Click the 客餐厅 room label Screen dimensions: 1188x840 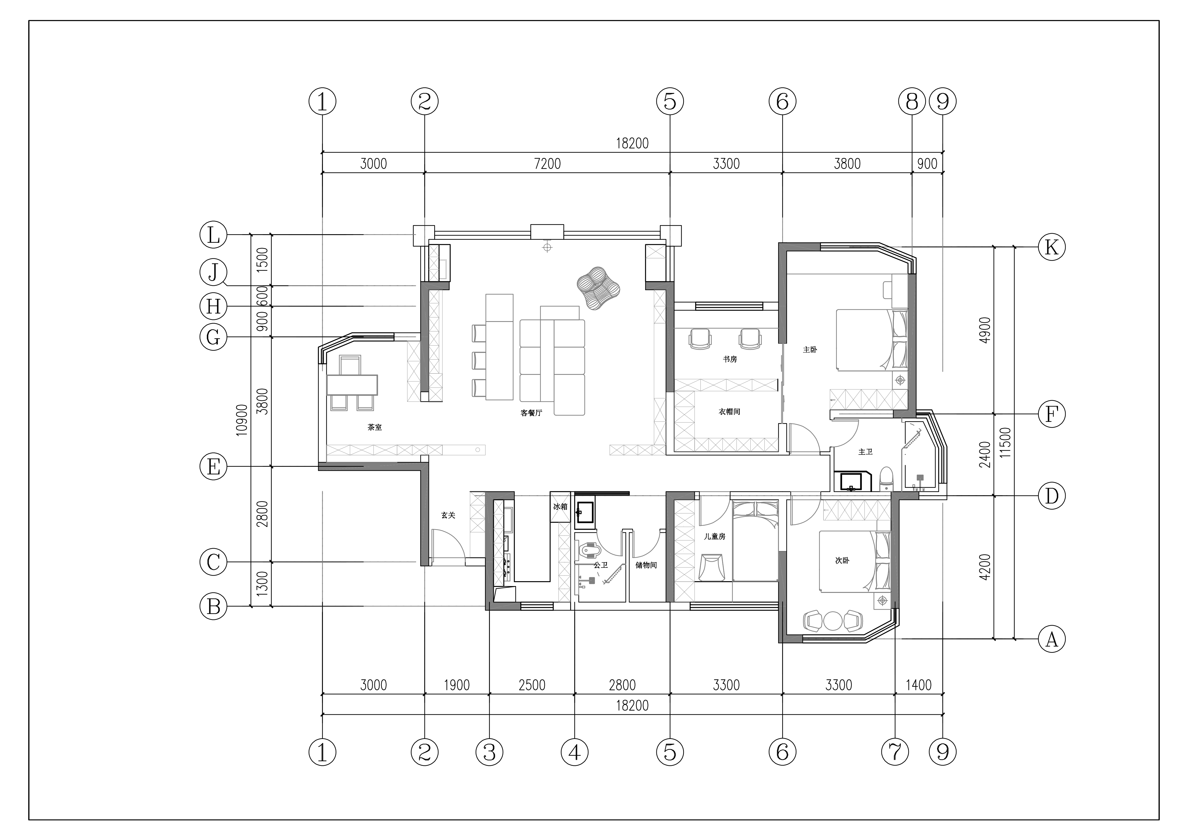coord(531,413)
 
